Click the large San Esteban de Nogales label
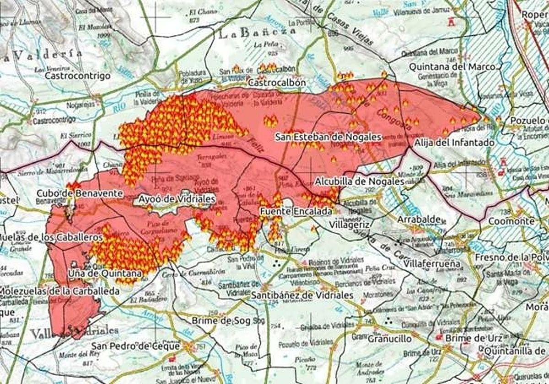328,137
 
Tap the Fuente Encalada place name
296,212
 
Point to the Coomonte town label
511,221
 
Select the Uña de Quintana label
105,273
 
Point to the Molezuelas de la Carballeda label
54,291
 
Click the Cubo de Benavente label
80,193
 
